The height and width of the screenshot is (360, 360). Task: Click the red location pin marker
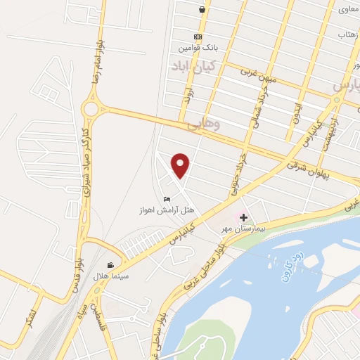pyautogui.click(x=181, y=165)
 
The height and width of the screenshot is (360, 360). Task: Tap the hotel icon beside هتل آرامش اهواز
pyautogui.click(x=167, y=198)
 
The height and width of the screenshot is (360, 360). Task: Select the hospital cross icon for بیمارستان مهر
pyautogui.click(x=244, y=218)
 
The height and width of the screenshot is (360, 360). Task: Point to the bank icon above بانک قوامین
pyautogui.click(x=198, y=37)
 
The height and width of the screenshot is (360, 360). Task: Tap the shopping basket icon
pyautogui.click(x=202, y=10)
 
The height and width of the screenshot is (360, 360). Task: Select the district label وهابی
pyautogui.click(x=205, y=124)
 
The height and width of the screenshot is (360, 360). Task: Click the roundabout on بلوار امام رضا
pyautogui.click(x=90, y=108)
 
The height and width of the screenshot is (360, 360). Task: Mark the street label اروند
pyautogui.click(x=187, y=96)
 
